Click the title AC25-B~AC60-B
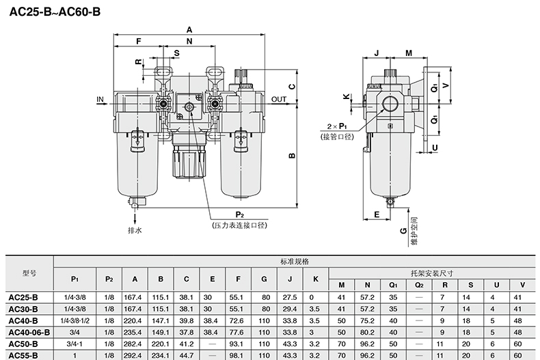[x=55, y=12]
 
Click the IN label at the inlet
[x=100, y=99]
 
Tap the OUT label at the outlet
[x=279, y=99]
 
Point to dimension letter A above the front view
[x=189, y=30]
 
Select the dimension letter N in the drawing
[x=189, y=41]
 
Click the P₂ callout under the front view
[x=240, y=214]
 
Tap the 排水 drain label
[x=135, y=230]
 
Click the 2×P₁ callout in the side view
[x=337, y=126]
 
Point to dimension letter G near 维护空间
[x=403, y=231]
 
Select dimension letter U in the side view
[x=435, y=148]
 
